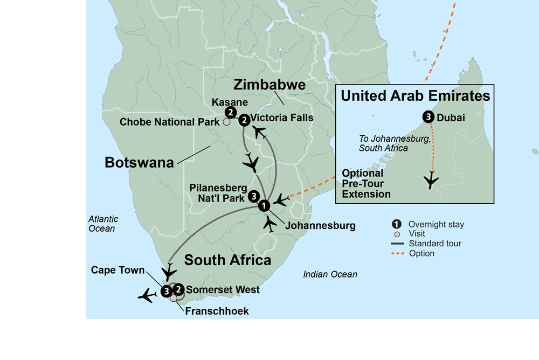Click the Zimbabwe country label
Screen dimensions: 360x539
point(269,85)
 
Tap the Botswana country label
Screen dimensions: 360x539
point(139,162)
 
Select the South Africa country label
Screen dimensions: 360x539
point(227,260)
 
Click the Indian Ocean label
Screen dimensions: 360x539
point(330,274)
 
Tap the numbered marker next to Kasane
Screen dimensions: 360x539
point(230,113)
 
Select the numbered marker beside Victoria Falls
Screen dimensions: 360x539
point(244,120)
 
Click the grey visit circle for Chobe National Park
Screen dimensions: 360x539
point(227,122)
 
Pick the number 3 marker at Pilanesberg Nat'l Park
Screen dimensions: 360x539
point(254,197)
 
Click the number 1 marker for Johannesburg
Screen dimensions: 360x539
point(263,205)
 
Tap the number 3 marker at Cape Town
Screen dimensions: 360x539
point(166,292)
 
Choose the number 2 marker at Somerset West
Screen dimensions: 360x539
point(178,290)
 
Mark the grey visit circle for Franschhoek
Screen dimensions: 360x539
point(173,299)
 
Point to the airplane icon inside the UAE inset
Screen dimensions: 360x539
point(431,180)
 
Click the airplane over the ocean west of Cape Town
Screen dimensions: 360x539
point(147,295)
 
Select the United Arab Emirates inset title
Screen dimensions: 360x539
point(415,96)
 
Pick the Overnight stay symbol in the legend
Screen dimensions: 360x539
point(397,224)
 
